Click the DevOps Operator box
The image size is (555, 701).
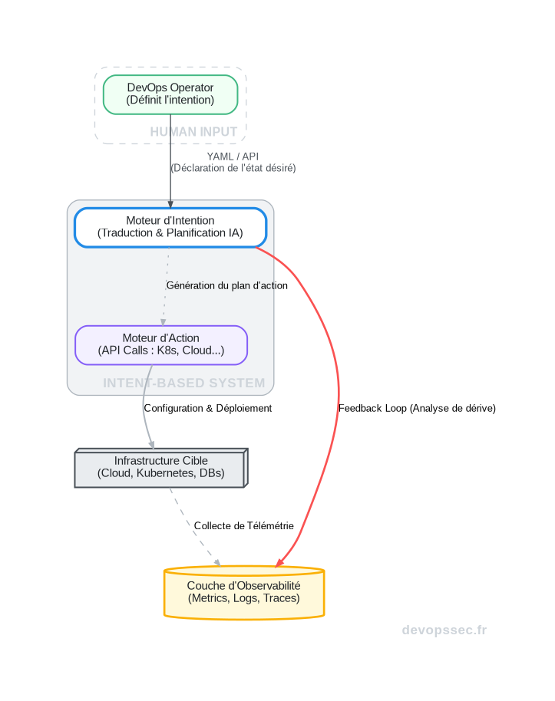[170, 94]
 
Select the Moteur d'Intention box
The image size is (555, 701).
[170, 227]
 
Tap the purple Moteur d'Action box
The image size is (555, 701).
[161, 344]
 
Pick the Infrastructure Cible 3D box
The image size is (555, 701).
[160, 468]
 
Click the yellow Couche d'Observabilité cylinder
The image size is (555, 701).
[244, 592]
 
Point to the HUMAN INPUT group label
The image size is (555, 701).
[193, 132]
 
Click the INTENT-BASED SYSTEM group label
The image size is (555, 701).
[184, 383]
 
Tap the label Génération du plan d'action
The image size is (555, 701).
[226, 285]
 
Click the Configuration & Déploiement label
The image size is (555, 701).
[207, 408]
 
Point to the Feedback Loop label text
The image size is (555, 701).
[417, 408]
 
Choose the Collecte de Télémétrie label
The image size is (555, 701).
[243, 525]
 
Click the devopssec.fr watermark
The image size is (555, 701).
[444, 630]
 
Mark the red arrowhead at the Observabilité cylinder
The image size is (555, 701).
[279, 563]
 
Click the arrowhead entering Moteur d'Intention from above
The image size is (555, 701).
[170, 203]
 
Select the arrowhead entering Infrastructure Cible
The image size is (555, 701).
[151, 445]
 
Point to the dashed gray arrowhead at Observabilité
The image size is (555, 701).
[217, 563]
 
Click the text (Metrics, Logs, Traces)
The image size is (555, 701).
[244, 598]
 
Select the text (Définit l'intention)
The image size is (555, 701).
[170, 100]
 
